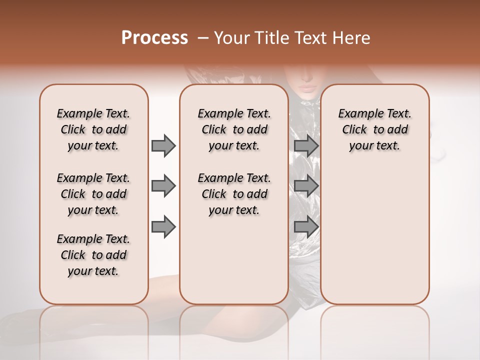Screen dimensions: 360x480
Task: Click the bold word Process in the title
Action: tap(154, 38)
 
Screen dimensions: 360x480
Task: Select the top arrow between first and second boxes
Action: tap(163, 145)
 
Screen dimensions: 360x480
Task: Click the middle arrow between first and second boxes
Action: tap(163, 186)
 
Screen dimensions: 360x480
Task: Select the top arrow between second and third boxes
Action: tap(306, 145)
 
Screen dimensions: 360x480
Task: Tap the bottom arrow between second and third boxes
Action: tap(306, 226)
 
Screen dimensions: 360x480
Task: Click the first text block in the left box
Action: tap(93, 129)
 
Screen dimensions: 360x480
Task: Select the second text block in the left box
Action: tap(93, 194)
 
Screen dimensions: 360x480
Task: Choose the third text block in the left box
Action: tap(93, 255)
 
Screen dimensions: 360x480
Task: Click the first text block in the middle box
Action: tap(234, 129)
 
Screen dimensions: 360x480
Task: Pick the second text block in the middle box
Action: tap(234, 194)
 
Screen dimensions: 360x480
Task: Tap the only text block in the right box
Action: tap(374, 129)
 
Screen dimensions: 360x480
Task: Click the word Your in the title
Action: tap(231, 38)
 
